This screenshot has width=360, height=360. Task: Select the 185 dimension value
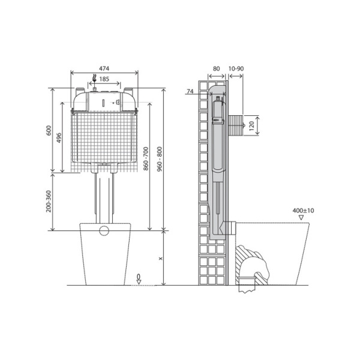[x=104, y=79]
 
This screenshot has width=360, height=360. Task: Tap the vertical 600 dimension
[x=49, y=130]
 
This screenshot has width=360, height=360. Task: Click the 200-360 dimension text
[x=49, y=202]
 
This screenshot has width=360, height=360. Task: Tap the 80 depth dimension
[x=216, y=69]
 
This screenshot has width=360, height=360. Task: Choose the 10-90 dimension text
[x=236, y=69]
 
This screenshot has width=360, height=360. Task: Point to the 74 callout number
[x=190, y=92]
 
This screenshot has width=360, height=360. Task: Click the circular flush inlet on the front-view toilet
[x=104, y=230]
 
